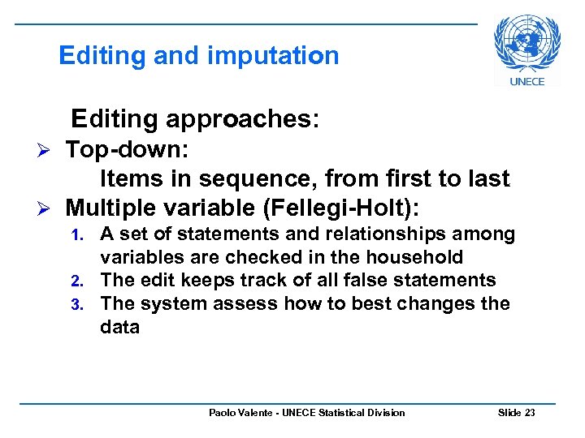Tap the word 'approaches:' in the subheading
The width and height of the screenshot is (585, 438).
[242, 119]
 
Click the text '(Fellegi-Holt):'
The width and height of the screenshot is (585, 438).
[341, 208]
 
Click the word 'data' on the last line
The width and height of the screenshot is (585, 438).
[119, 328]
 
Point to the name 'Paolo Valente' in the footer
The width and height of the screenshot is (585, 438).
[238, 413]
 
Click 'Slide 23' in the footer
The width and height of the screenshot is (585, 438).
[516, 413]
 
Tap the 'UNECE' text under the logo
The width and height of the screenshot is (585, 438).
[526, 81]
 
